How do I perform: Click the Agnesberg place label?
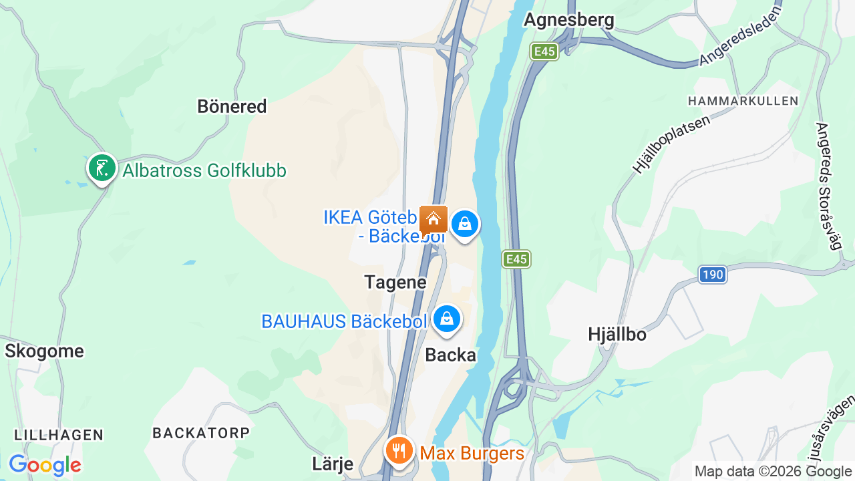click(x=568, y=20)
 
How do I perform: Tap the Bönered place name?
click(x=232, y=106)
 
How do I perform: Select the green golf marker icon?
click(x=102, y=168)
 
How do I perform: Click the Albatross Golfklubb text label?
click(x=204, y=171)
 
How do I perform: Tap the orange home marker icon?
click(x=434, y=219)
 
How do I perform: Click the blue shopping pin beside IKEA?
click(x=464, y=224)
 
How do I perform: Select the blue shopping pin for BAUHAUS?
click(x=446, y=319)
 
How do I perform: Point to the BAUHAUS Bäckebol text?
click(x=343, y=321)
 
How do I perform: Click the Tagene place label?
click(x=395, y=282)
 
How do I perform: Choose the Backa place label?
click(x=451, y=355)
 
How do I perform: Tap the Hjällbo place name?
click(x=617, y=334)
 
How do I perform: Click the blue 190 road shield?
click(x=713, y=274)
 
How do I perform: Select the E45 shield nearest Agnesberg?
click(x=544, y=51)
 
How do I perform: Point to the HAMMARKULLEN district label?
click(x=743, y=101)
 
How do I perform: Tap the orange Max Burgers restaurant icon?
click(x=399, y=452)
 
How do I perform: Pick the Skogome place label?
click(x=45, y=351)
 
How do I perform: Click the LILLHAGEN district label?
click(x=59, y=435)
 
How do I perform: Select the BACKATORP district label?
click(x=201, y=433)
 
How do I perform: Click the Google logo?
click(x=45, y=465)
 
